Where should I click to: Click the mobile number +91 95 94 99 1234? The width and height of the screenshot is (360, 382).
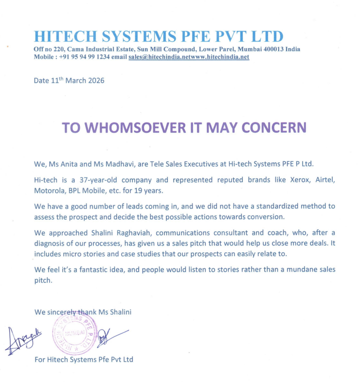tap(78, 57)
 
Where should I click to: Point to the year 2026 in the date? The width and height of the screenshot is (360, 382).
tap(94, 80)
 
